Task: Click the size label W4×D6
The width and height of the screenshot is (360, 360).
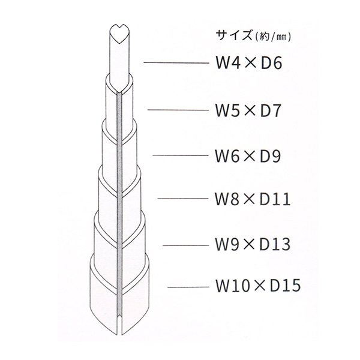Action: tap(244, 64)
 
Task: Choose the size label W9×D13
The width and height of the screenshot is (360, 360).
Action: tap(252, 245)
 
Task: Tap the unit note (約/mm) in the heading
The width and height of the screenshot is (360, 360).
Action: tap(273, 37)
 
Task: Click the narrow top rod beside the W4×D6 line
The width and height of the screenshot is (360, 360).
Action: tap(120, 60)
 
